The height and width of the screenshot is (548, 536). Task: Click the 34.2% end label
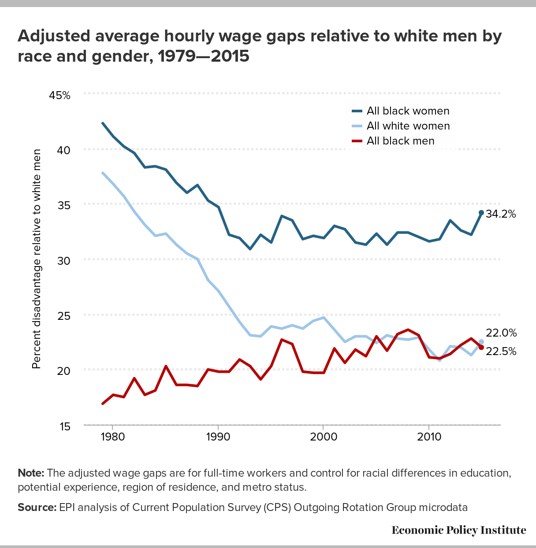[501, 214]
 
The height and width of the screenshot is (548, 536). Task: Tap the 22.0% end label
[501, 333]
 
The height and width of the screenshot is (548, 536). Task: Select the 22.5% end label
[501, 352]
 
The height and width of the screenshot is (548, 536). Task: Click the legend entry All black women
[408, 111]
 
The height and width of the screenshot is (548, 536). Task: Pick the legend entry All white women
[408, 126]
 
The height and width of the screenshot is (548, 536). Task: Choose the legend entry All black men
[400, 141]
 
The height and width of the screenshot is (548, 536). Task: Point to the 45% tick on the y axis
[60, 95]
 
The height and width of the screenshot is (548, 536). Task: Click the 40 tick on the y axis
[63, 150]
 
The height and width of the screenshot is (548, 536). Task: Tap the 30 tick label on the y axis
[63, 260]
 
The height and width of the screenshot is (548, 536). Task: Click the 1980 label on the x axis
[112, 437]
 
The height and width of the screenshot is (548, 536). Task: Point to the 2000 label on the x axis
[323, 437]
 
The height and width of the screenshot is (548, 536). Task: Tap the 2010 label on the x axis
[428, 437]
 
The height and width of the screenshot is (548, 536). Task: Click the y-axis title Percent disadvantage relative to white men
[37, 259]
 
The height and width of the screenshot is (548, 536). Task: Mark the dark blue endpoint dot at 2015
[481, 213]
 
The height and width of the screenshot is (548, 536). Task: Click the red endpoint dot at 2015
[481, 348]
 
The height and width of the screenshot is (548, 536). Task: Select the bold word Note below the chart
[31, 473]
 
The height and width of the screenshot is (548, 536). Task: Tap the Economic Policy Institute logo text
[459, 529]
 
